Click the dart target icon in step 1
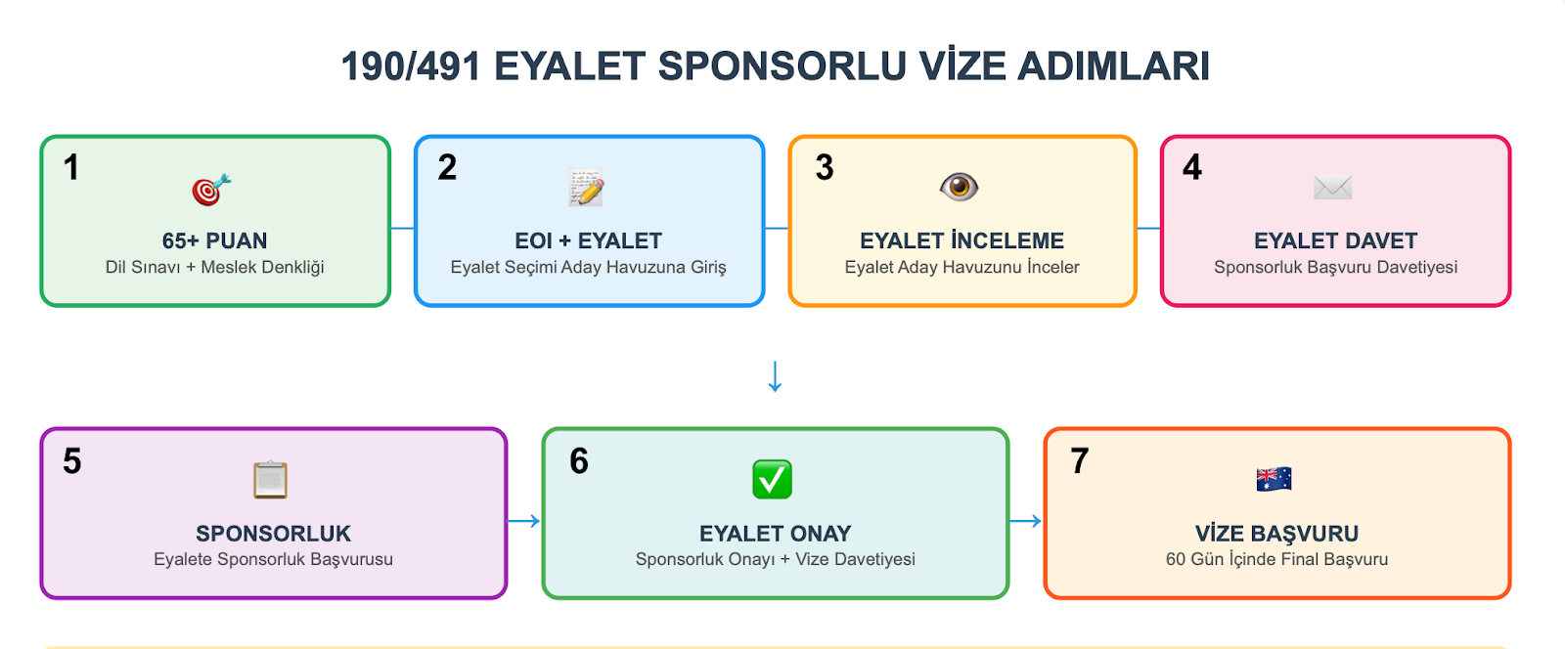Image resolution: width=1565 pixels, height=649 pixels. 211,190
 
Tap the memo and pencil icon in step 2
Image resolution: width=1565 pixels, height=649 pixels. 587,188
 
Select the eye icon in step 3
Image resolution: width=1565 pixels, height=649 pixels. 959,187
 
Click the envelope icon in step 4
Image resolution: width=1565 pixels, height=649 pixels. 1332,187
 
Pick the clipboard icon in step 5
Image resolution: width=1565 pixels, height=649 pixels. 270,480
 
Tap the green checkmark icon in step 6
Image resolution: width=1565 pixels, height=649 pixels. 772,480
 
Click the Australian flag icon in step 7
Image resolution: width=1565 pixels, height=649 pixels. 1274,479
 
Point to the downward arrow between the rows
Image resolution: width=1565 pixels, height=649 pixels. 775,376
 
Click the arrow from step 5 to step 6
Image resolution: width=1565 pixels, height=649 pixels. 524,521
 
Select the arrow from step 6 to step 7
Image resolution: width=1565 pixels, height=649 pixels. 1025,521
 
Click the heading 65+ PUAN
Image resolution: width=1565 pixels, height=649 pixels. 214,240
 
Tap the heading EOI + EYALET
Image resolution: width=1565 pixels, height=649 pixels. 588,240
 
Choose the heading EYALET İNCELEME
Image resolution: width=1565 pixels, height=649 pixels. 961,240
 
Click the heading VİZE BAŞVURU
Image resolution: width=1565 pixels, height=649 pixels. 1276,534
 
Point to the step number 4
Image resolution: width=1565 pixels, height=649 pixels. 1191,168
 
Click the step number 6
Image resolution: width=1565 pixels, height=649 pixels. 579,461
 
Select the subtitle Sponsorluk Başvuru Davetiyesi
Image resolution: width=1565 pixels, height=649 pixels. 1335,267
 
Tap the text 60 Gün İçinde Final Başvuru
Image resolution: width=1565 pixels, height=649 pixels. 1276,559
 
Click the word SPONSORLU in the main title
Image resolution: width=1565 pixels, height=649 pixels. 782,66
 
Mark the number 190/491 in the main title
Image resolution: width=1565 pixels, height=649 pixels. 411,66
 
